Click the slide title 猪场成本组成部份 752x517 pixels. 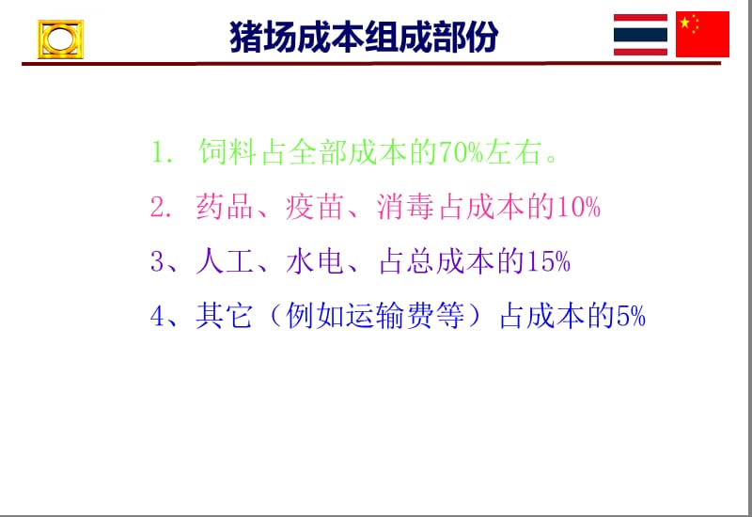pyautogui.click(x=364, y=37)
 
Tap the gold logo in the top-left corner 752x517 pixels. pyautogui.click(x=60, y=39)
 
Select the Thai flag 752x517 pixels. pyautogui.click(x=640, y=35)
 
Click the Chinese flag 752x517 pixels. pyautogui.click(x=702, y=35)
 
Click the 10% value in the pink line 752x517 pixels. pyautogui.click(x=581, y=208)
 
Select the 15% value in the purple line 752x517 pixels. pyautogui.click(x=550, y=263)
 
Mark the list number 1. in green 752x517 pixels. pyautogui.click(x=161, y=153)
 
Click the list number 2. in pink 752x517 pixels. pyautogui.click(x=161, y=208)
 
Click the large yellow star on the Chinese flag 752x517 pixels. pyautogui.click(x=685, y=23)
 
